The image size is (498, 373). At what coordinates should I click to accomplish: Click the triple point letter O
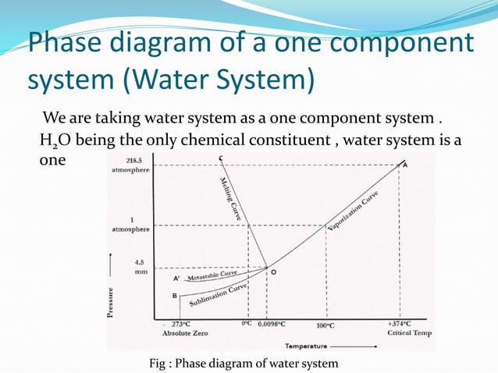tap(272, 272)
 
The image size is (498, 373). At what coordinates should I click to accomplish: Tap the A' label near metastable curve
tap(176, 277)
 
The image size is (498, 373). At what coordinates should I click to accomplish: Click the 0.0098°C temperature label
tap(272, 324)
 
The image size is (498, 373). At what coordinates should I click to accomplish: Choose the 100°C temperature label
tap(325, 325)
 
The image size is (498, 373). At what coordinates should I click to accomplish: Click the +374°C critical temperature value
tap(401, 323)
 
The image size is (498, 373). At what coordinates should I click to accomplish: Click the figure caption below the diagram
tap(244, 363)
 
